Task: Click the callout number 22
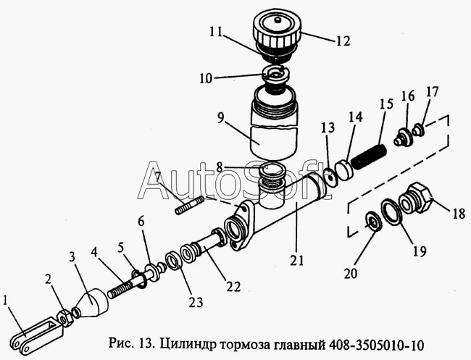pos(233,286)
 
